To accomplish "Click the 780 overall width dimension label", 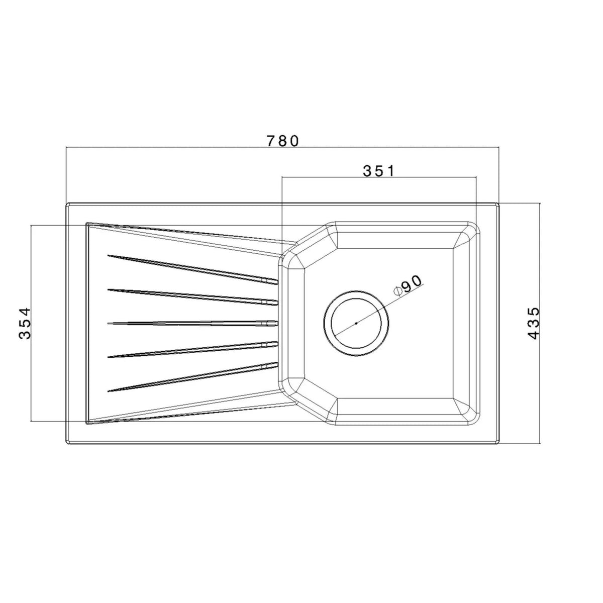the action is point(282,141).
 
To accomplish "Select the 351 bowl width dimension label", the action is point(379,171).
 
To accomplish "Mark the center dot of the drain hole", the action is point(356,323).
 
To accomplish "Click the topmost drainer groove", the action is point(193,269).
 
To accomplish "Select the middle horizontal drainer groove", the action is point(193,323).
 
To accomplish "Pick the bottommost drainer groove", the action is point(193,377).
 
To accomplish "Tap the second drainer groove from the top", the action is point(193,296).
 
